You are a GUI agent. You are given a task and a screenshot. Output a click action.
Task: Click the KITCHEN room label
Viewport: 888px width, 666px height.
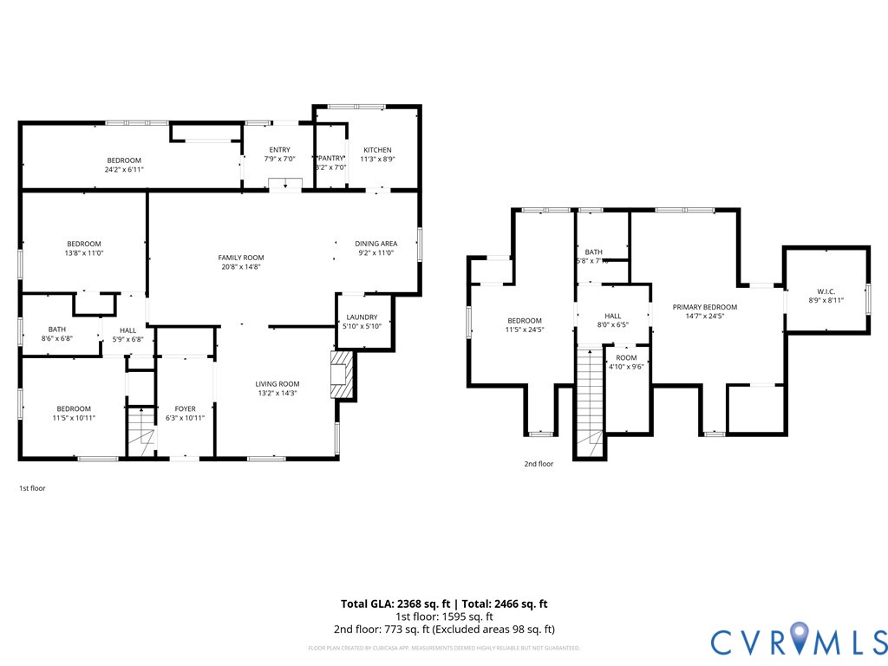[x=377, y=150]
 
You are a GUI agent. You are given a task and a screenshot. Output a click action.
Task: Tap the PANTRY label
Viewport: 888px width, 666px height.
[x=331, y=158]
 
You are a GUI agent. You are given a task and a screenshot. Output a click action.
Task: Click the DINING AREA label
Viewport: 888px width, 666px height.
[x=375, y=244]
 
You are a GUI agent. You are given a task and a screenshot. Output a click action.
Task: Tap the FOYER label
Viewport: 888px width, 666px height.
[x=185, y=408]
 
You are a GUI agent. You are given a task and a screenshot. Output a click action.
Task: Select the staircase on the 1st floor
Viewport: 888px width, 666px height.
[x=140, y=430]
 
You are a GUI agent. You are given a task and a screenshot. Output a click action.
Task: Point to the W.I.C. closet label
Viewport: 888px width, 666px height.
[x=825, y=291]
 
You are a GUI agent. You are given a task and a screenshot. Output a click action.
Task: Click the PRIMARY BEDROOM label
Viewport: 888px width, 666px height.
[x=705, y=307]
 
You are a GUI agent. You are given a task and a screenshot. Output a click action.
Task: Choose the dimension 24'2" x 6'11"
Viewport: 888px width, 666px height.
[x=124, y=170]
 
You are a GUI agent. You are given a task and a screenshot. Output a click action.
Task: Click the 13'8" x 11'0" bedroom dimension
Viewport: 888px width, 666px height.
[x=84, y=253]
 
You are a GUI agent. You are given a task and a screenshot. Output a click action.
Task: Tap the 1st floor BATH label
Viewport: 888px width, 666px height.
[x=57, y=329]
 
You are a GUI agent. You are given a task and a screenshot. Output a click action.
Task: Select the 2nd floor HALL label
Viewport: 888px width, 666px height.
[x=612, y=316]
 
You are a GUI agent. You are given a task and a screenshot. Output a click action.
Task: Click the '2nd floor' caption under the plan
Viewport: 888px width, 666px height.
[x=539, y=464]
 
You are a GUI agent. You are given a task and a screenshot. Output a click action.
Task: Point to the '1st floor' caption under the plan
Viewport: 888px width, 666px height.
[x=32, y=488]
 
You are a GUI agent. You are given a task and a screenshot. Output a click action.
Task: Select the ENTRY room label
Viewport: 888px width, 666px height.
[x=279, y=150]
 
